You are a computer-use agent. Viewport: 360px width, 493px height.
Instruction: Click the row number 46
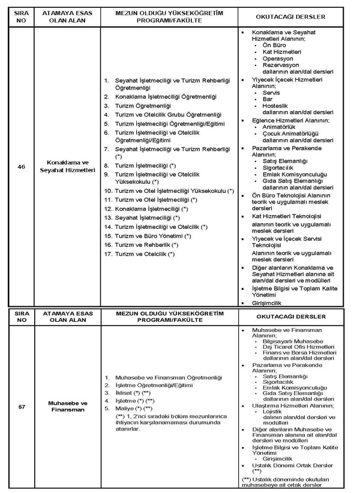pyautogui.click(x=21, y=166)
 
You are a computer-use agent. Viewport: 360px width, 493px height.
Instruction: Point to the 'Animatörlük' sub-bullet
pyautogui.click(x=281, y=126)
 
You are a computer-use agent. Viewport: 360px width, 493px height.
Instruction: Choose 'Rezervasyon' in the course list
pyautogui.click(x=281, y=65)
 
